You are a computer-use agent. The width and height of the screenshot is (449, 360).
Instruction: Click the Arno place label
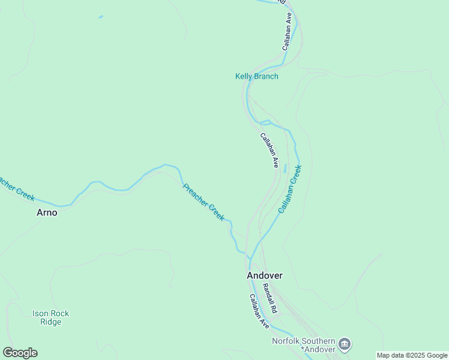pos(47,212)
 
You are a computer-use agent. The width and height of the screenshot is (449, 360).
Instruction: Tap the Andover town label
pos(264,275)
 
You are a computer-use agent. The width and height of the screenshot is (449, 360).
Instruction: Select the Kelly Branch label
pos(256,76)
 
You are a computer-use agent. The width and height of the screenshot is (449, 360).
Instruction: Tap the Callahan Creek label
pos(290,190)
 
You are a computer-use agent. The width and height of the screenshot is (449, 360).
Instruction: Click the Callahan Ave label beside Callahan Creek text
pos(270,149)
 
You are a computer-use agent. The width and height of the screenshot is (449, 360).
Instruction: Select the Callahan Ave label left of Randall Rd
pos(259,310)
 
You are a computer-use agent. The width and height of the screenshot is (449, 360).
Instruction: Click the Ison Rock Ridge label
pos(50,317)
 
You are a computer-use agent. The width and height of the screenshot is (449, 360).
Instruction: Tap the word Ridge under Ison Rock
pos(50,322)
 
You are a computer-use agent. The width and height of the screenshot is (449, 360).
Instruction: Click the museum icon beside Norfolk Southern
pos(345,344)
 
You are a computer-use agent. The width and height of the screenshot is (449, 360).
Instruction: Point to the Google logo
pos(20,353)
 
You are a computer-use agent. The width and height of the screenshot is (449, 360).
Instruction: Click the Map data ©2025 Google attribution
pos(412,355)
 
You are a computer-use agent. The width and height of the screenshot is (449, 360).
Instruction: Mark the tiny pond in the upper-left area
pos(100,16)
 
